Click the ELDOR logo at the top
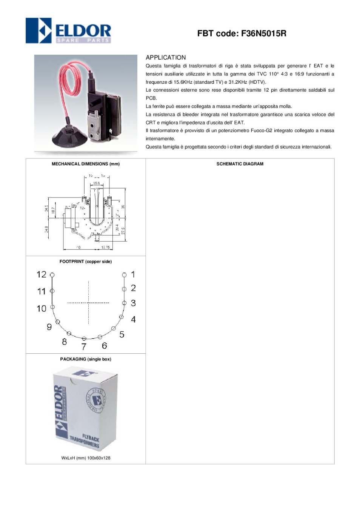[x=68, y=31]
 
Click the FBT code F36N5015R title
[x=242, y=34]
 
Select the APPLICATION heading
[x=166, y=58]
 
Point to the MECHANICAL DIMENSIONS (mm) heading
[x=86, y=164]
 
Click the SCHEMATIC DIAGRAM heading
[x=240, y=164]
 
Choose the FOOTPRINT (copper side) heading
[x=86, y=262]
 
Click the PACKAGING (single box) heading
[x=86, y=359]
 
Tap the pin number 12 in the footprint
[x=42, y=274]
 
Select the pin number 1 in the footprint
[x=133, y=274]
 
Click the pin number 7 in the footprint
[x=84, y=346]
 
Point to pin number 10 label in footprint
[x=42, y=308]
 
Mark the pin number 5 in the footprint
[x=122, y=334]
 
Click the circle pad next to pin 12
[x=52, y=275]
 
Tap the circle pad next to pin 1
[x=124, y=275]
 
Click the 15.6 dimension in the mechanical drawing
[x=97, y=183]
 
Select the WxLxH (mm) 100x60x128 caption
[x=86, y=458]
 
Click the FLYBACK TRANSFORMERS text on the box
[x=85, y=441]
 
